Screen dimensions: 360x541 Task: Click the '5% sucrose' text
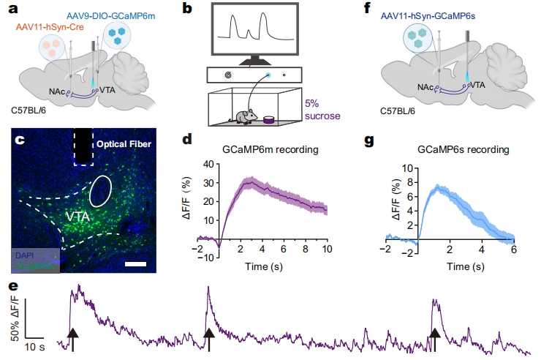tap(319, 110)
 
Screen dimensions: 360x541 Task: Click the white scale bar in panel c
tap(137, 261)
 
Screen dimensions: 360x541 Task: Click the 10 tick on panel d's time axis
tap(327, 249)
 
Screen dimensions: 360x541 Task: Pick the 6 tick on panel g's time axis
tap(514, 249)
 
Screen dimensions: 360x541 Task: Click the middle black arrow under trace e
tap(209, 338)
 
